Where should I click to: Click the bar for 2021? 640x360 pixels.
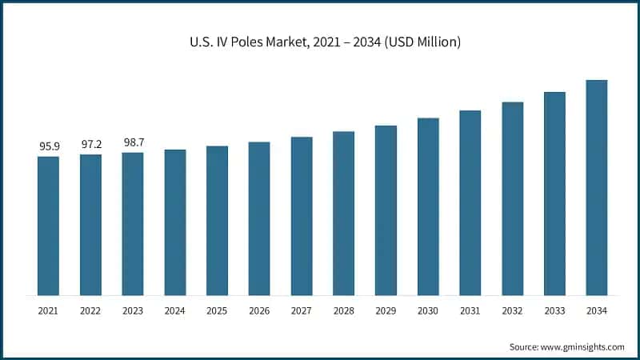(48, 226)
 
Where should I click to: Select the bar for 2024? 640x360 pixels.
(175, 222)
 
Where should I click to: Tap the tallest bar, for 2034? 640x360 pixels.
(597, 187)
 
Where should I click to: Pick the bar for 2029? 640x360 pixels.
(386, 210)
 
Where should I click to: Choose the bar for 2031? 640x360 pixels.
(470, 202)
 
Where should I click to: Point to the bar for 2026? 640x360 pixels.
(259, 218)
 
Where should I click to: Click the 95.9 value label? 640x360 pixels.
(48, 146)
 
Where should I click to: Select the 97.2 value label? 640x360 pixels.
(90, 145)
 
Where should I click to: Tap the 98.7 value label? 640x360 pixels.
(133, 142)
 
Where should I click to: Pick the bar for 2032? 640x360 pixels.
(512, 198)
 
